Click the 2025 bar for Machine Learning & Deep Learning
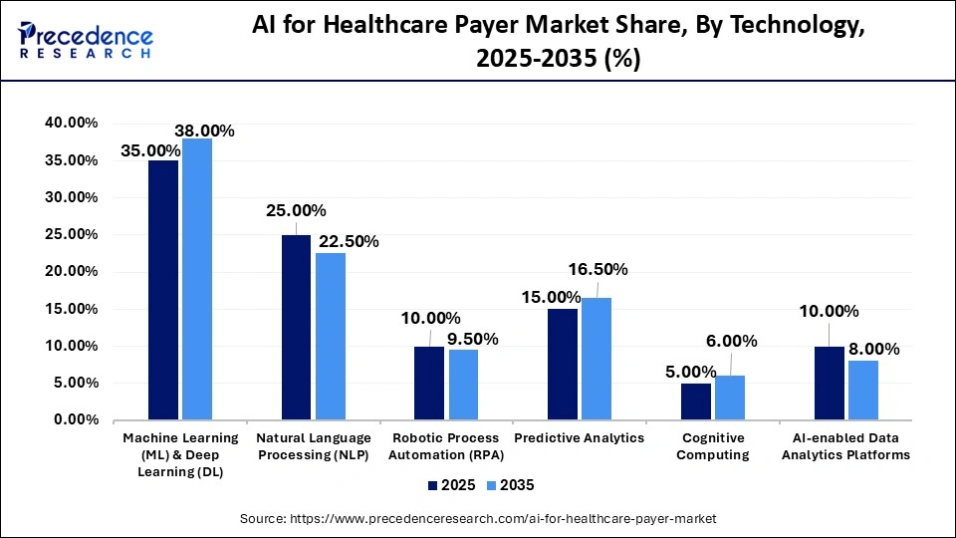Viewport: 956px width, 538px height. (x=163, y=290)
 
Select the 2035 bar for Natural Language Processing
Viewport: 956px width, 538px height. (x=331, y=337)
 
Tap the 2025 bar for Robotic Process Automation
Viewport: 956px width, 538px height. (x=429, y=384)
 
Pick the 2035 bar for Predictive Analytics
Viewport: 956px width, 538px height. (x=597, y=359)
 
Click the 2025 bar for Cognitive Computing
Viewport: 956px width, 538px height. (x=696, y=402)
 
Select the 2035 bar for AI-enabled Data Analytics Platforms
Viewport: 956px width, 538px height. (x=863, y=391)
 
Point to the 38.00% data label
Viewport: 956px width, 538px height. (x=204, y=131)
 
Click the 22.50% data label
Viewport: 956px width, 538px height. (x=347, y=242)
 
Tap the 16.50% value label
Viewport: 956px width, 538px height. (x=597, y=269)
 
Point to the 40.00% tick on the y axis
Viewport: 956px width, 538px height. (x=72, y=123)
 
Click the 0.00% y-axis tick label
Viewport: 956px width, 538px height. (x=76, y=420)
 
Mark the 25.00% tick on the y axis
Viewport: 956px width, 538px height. (x=72, y=234)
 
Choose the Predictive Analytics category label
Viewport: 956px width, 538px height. (x=580, y=438)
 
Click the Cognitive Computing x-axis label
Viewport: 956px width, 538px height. (x=713, y=446)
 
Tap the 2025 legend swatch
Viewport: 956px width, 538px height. (x=433, y=485)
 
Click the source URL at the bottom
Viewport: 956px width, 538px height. (x=478, y=519)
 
